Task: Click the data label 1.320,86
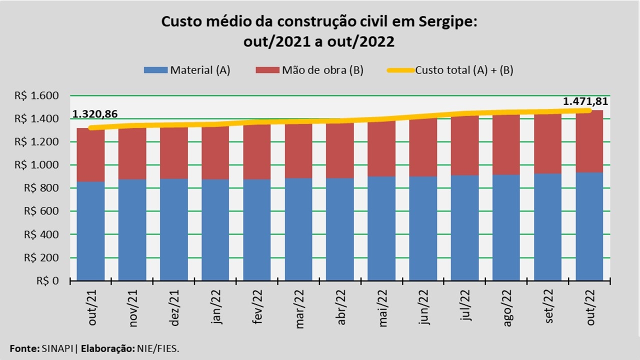(95, 114)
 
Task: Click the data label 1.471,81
(585, 101)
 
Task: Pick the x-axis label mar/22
(300, 308)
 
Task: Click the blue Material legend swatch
(155, 70)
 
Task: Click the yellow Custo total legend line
(400, 70)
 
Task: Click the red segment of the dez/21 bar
(174, 153)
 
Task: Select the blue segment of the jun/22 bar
(423, 228)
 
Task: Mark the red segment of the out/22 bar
(590, 142)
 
